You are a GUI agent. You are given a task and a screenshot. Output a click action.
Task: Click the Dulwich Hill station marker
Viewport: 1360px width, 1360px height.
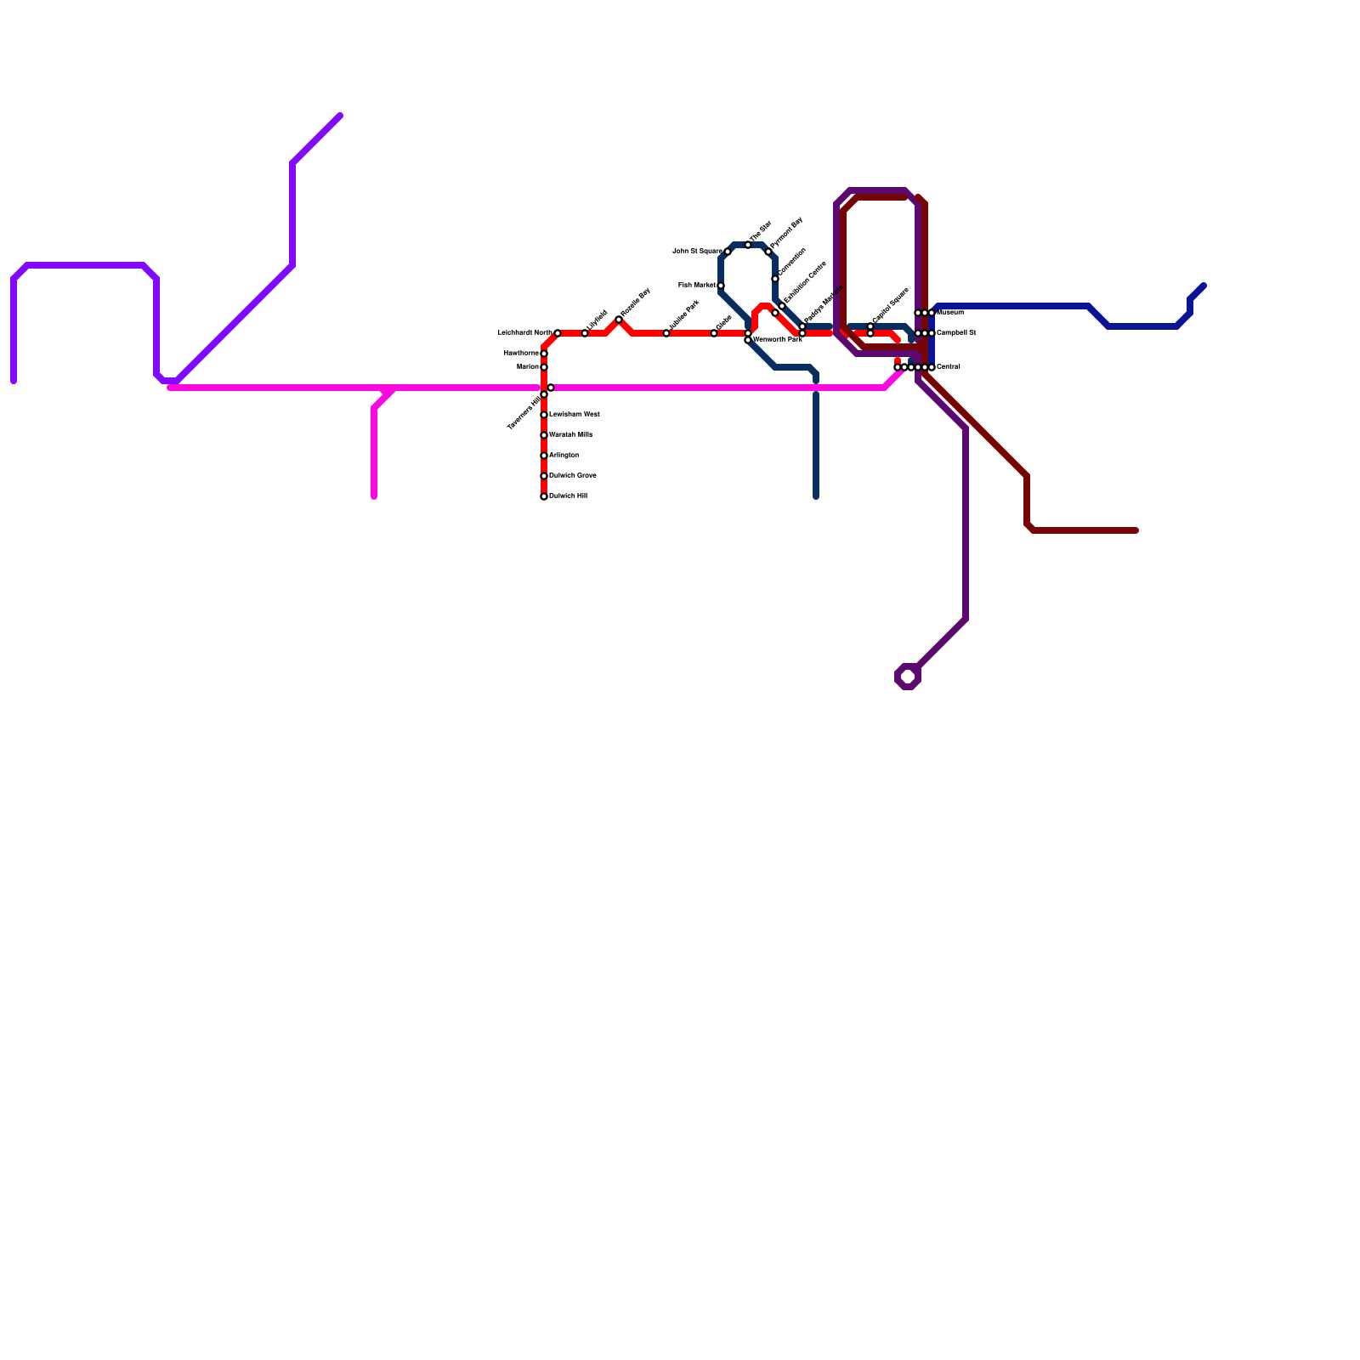(x=544, y=496)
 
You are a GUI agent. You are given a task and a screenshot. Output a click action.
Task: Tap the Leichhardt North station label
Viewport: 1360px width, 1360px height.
(x=524, y=332)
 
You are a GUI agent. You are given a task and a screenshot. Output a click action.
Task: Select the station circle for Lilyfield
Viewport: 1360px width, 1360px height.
(x=585, y=333)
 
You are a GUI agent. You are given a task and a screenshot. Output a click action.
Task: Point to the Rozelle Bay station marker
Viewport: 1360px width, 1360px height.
(x=619, y=320)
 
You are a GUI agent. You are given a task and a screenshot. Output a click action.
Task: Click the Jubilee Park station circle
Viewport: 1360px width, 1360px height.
(x=666, y=333)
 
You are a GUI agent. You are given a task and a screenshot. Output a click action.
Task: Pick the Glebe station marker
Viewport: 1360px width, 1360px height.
(x=714, y=333)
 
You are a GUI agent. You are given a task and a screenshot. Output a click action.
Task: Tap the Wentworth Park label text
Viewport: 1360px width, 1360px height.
(x=777, y=339)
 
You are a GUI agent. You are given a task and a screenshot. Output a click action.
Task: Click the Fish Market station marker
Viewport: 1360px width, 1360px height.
(x=721, y=286)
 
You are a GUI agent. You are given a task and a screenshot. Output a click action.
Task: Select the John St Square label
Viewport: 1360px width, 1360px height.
(x=697, y=251)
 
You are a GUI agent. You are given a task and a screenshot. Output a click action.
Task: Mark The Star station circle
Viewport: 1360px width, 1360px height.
(x=748, y=245)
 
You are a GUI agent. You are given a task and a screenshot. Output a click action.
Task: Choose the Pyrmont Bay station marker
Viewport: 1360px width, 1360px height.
(x=768, y=252)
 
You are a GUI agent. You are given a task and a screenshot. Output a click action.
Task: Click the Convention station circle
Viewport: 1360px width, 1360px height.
(x=775, y=279)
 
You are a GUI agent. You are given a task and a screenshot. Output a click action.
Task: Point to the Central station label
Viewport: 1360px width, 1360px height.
(x=948, y=367)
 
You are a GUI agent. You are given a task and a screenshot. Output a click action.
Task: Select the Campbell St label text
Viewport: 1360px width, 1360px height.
(x=955, y=332)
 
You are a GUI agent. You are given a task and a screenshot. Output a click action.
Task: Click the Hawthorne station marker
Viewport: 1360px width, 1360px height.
(x=544, y=354)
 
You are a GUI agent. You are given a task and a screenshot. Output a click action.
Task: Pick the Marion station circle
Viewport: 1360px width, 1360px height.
(x=544, y=367)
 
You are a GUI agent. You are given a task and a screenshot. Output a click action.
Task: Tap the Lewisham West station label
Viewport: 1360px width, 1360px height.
(x=574, y=414)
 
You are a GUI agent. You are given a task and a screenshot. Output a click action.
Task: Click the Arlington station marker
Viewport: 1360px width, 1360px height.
(x=544, y=456)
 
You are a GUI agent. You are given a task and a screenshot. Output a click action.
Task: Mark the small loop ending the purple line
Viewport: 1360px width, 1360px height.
(x=908, y=677)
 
